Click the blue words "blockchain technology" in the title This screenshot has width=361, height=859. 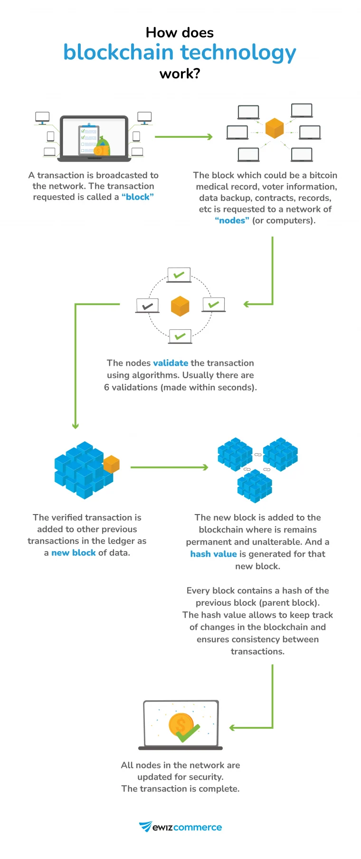[x=180, y=53]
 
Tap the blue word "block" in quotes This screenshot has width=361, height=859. [x=138, y=197]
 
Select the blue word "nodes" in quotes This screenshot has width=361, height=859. [x=232, y=220]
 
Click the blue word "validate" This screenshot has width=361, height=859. [x=171, y=363]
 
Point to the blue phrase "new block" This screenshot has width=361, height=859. [x=73, y=553]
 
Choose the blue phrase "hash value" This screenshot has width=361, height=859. [x=213, y=554]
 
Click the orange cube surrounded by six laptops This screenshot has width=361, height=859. [x=275, y=128]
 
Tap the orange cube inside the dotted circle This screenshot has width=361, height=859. [x=180, y=306]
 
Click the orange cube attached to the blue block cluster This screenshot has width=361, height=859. [x=111, y=464]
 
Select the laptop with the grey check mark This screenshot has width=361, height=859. [x=147, y=305]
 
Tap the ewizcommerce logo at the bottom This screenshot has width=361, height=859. [x=180, y=827]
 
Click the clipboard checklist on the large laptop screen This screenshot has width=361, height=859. [x=89, y=139]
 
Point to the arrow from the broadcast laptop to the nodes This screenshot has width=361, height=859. [x=183, y=137]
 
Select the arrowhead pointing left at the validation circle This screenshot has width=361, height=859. [x=247, y=304]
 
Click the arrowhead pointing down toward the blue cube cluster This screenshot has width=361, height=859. [x=75, y=426]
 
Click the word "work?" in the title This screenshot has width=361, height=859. [x=180, y=74]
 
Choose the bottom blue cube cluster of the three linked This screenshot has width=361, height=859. [x=255, y=486]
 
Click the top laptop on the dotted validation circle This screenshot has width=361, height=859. [x=179, y=275]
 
